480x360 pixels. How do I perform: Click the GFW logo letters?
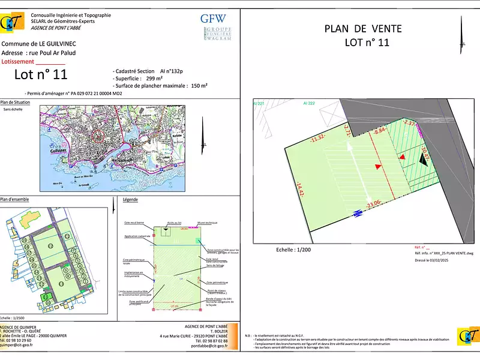click(x=213, y=18)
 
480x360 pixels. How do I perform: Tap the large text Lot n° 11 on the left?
click(x=41, y=74)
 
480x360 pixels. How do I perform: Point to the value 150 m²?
click(x=199, y=86)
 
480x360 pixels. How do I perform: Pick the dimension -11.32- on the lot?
click(x=318, y=140)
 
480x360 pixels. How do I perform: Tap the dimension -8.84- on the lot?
click(x=380, y=130)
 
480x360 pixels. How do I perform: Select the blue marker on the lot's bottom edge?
click(x=356, y=212)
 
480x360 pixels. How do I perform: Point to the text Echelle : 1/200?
click(x=294, y=249)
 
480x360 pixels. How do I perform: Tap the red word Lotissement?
click(x=18, y=61)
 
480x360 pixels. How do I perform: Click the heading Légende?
click(x=130, y=200)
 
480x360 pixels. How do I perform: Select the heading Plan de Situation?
click(x=16, y=103)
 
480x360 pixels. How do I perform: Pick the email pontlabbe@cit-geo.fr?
click(x=205, y=346)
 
